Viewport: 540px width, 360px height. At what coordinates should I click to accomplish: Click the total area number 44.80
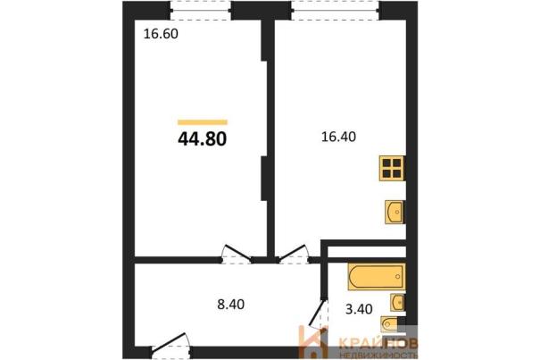click(x=202, y=139)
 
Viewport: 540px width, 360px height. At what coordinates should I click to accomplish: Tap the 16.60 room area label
click(x=161, y=34)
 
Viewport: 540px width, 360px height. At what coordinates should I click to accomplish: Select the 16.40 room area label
click(x=338, y=137)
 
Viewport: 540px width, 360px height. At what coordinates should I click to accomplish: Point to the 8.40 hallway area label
click(x=231, y=305)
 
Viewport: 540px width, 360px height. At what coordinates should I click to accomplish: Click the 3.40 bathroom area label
click(x=359, y=309)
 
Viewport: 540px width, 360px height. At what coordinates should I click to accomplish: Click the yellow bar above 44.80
click(x=203, y=122)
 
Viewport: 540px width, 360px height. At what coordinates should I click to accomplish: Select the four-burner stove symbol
click(x=392, y=168)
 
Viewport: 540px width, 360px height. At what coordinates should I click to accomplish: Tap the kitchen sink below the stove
click(x=395, y=212)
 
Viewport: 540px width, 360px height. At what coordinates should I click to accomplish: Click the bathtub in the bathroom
click(x=377, y=277)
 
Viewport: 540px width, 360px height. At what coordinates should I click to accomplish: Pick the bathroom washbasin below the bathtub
click(x=398, y=303)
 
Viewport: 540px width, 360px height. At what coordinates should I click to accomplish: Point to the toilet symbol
click(x=389, y=323)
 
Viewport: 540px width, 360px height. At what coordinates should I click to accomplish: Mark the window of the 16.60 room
click(x=201, y=11)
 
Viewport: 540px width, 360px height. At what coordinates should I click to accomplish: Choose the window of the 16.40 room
click(x=336, y=11)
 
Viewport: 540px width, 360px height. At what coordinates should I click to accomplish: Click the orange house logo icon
click(x=313, y=342)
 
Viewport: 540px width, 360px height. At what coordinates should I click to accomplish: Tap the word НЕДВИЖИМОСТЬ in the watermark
click(x=378, y=355)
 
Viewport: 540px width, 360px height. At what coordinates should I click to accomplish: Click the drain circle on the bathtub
click(x=398, y=277)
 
